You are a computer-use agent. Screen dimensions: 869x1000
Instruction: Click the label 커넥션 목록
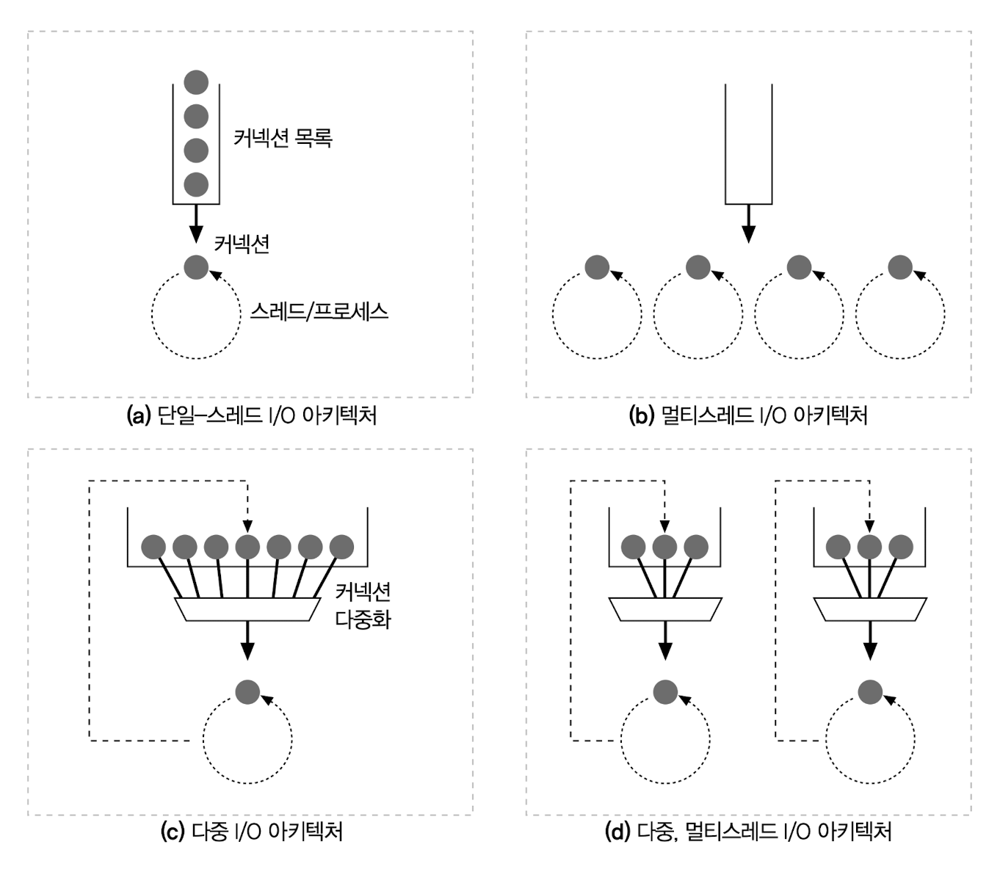(x=283, y=137)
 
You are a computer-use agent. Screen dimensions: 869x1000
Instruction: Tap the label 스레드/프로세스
(x=319, y=311)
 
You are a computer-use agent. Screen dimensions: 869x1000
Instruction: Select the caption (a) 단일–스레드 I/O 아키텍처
(x=252, y=415)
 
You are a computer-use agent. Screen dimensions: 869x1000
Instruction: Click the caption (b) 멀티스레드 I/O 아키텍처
(x=748, y=415)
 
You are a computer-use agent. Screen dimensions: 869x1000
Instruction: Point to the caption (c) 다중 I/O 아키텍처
(x=251, y=832)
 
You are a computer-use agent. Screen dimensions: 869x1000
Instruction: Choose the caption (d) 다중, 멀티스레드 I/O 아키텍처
(x=748, y=832)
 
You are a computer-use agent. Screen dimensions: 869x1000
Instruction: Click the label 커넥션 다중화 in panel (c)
(x=363, y=606)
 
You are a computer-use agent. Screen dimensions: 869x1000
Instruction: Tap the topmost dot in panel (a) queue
(x=196, y=81)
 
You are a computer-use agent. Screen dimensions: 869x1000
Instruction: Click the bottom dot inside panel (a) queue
(x=196, y=184)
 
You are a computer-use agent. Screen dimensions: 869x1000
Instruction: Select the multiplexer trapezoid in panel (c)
(x=247, y=609)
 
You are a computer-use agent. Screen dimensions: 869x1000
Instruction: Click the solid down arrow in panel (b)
(x=748, y=223)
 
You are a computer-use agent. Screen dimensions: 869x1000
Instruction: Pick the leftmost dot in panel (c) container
(x=153, y=547)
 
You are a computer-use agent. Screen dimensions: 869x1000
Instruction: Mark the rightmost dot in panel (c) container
(x=341, y=547)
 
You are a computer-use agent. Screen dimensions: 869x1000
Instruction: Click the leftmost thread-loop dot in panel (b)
(x=597, y=267)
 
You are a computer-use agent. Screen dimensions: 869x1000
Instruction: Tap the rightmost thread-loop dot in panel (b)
(x=900, y=267)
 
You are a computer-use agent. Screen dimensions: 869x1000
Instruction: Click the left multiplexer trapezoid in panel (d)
(x=665, y=609)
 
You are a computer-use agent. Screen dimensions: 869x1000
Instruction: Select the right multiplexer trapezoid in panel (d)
(x=870, y=609)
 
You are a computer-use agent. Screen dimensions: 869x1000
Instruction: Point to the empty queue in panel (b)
(x=748, y=143)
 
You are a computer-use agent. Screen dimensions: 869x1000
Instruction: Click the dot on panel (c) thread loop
(x=247, y=691)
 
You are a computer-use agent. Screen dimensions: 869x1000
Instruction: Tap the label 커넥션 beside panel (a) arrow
(x=242, y=244)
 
